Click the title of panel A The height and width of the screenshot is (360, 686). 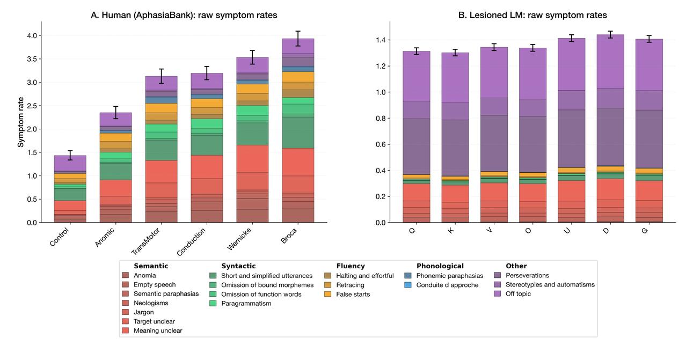pyautogui.click(x=184, y=15)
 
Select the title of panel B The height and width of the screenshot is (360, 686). pyautogui.click(x=532, y=15)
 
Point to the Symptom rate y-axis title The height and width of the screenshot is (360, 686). pyautogui.click(x=20, y=122)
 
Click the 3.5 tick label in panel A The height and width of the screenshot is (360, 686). pyautogui.click(x=32, y=59)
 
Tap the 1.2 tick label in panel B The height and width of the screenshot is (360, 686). pyautogui.click(x=381, y=67)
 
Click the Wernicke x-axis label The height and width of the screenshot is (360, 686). pyautogui.click(x=239, y=239)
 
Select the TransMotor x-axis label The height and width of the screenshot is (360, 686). pyautogui.click(x=146, y=241)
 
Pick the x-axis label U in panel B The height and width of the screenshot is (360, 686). pyautogui.click(x=567, y=231)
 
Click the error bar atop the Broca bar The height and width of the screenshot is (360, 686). pyautogui.click(x=298, y=39)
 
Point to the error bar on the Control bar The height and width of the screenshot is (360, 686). pyautogui.click(x=70, y=155)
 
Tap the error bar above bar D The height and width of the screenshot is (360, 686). pyautogui.click(x=610, y=34)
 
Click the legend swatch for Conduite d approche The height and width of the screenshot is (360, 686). pyautogui.click(x=407, y=285)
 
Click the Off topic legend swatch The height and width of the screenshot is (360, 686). pyautogui.click(x=498, y=294)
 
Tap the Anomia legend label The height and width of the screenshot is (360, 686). pyautogui.click(x=144, y=276)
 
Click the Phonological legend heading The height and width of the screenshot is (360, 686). pyautogui.click(x=440, y=266)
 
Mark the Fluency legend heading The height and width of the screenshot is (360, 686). pyautogui.click(x=351, y=266)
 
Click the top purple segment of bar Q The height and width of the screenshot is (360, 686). pyautogui.click(x=417, y=76)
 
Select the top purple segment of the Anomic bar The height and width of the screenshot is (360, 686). pyautogui.click(x=116, y=120)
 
